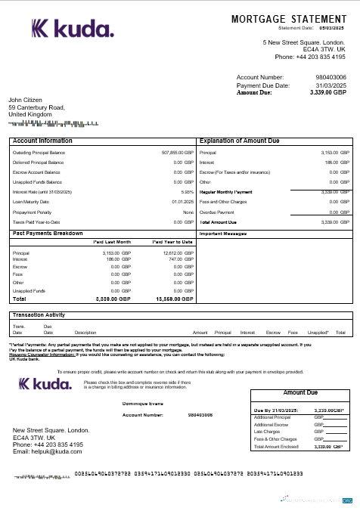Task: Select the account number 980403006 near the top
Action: pyautogui.click(x=331, y=78)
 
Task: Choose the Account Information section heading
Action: pyautogui.click(x=43, y=141)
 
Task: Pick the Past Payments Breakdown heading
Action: pyautogui.click(x=48, y=234)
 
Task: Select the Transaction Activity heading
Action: pyautogui.click(x=39, y=314)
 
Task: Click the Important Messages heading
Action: pyautogui.click(x=223, y=234)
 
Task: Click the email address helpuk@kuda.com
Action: pyautogui.click(x=47, y=451)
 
